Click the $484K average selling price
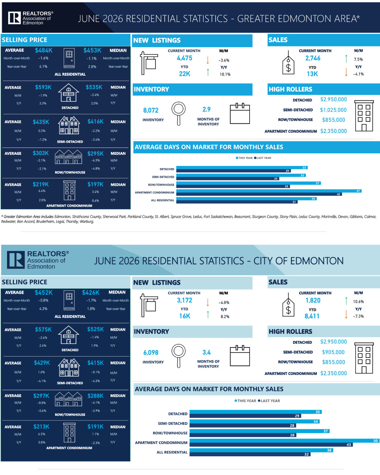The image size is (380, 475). pos(44,51)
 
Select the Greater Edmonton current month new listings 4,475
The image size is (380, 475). pos(184,58)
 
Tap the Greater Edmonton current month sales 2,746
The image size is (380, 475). pos(313,58)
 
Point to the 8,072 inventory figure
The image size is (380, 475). pos(151,110)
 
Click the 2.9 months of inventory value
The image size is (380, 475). pos(206,109)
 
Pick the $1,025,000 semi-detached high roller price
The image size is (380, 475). pos(333,110)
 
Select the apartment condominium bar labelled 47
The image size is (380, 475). pos(269,191)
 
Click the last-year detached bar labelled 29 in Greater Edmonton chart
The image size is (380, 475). pos(233,171)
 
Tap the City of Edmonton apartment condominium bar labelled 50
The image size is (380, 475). pos(285,440)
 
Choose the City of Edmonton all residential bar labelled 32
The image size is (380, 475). pos(250,454)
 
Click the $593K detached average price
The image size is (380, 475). pos(43,87)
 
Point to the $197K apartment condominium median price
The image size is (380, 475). pos(95,184)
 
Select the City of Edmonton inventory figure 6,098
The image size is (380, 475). pos(151,352)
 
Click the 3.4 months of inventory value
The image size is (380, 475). pos(206,352)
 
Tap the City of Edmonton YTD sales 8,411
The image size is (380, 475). pos(312,316)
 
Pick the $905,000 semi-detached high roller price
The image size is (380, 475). pos(333,352)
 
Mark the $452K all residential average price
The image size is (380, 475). pos(44,293)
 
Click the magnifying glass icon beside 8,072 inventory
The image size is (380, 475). pos(178,113)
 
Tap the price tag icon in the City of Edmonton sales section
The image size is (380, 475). pos(288,305)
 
